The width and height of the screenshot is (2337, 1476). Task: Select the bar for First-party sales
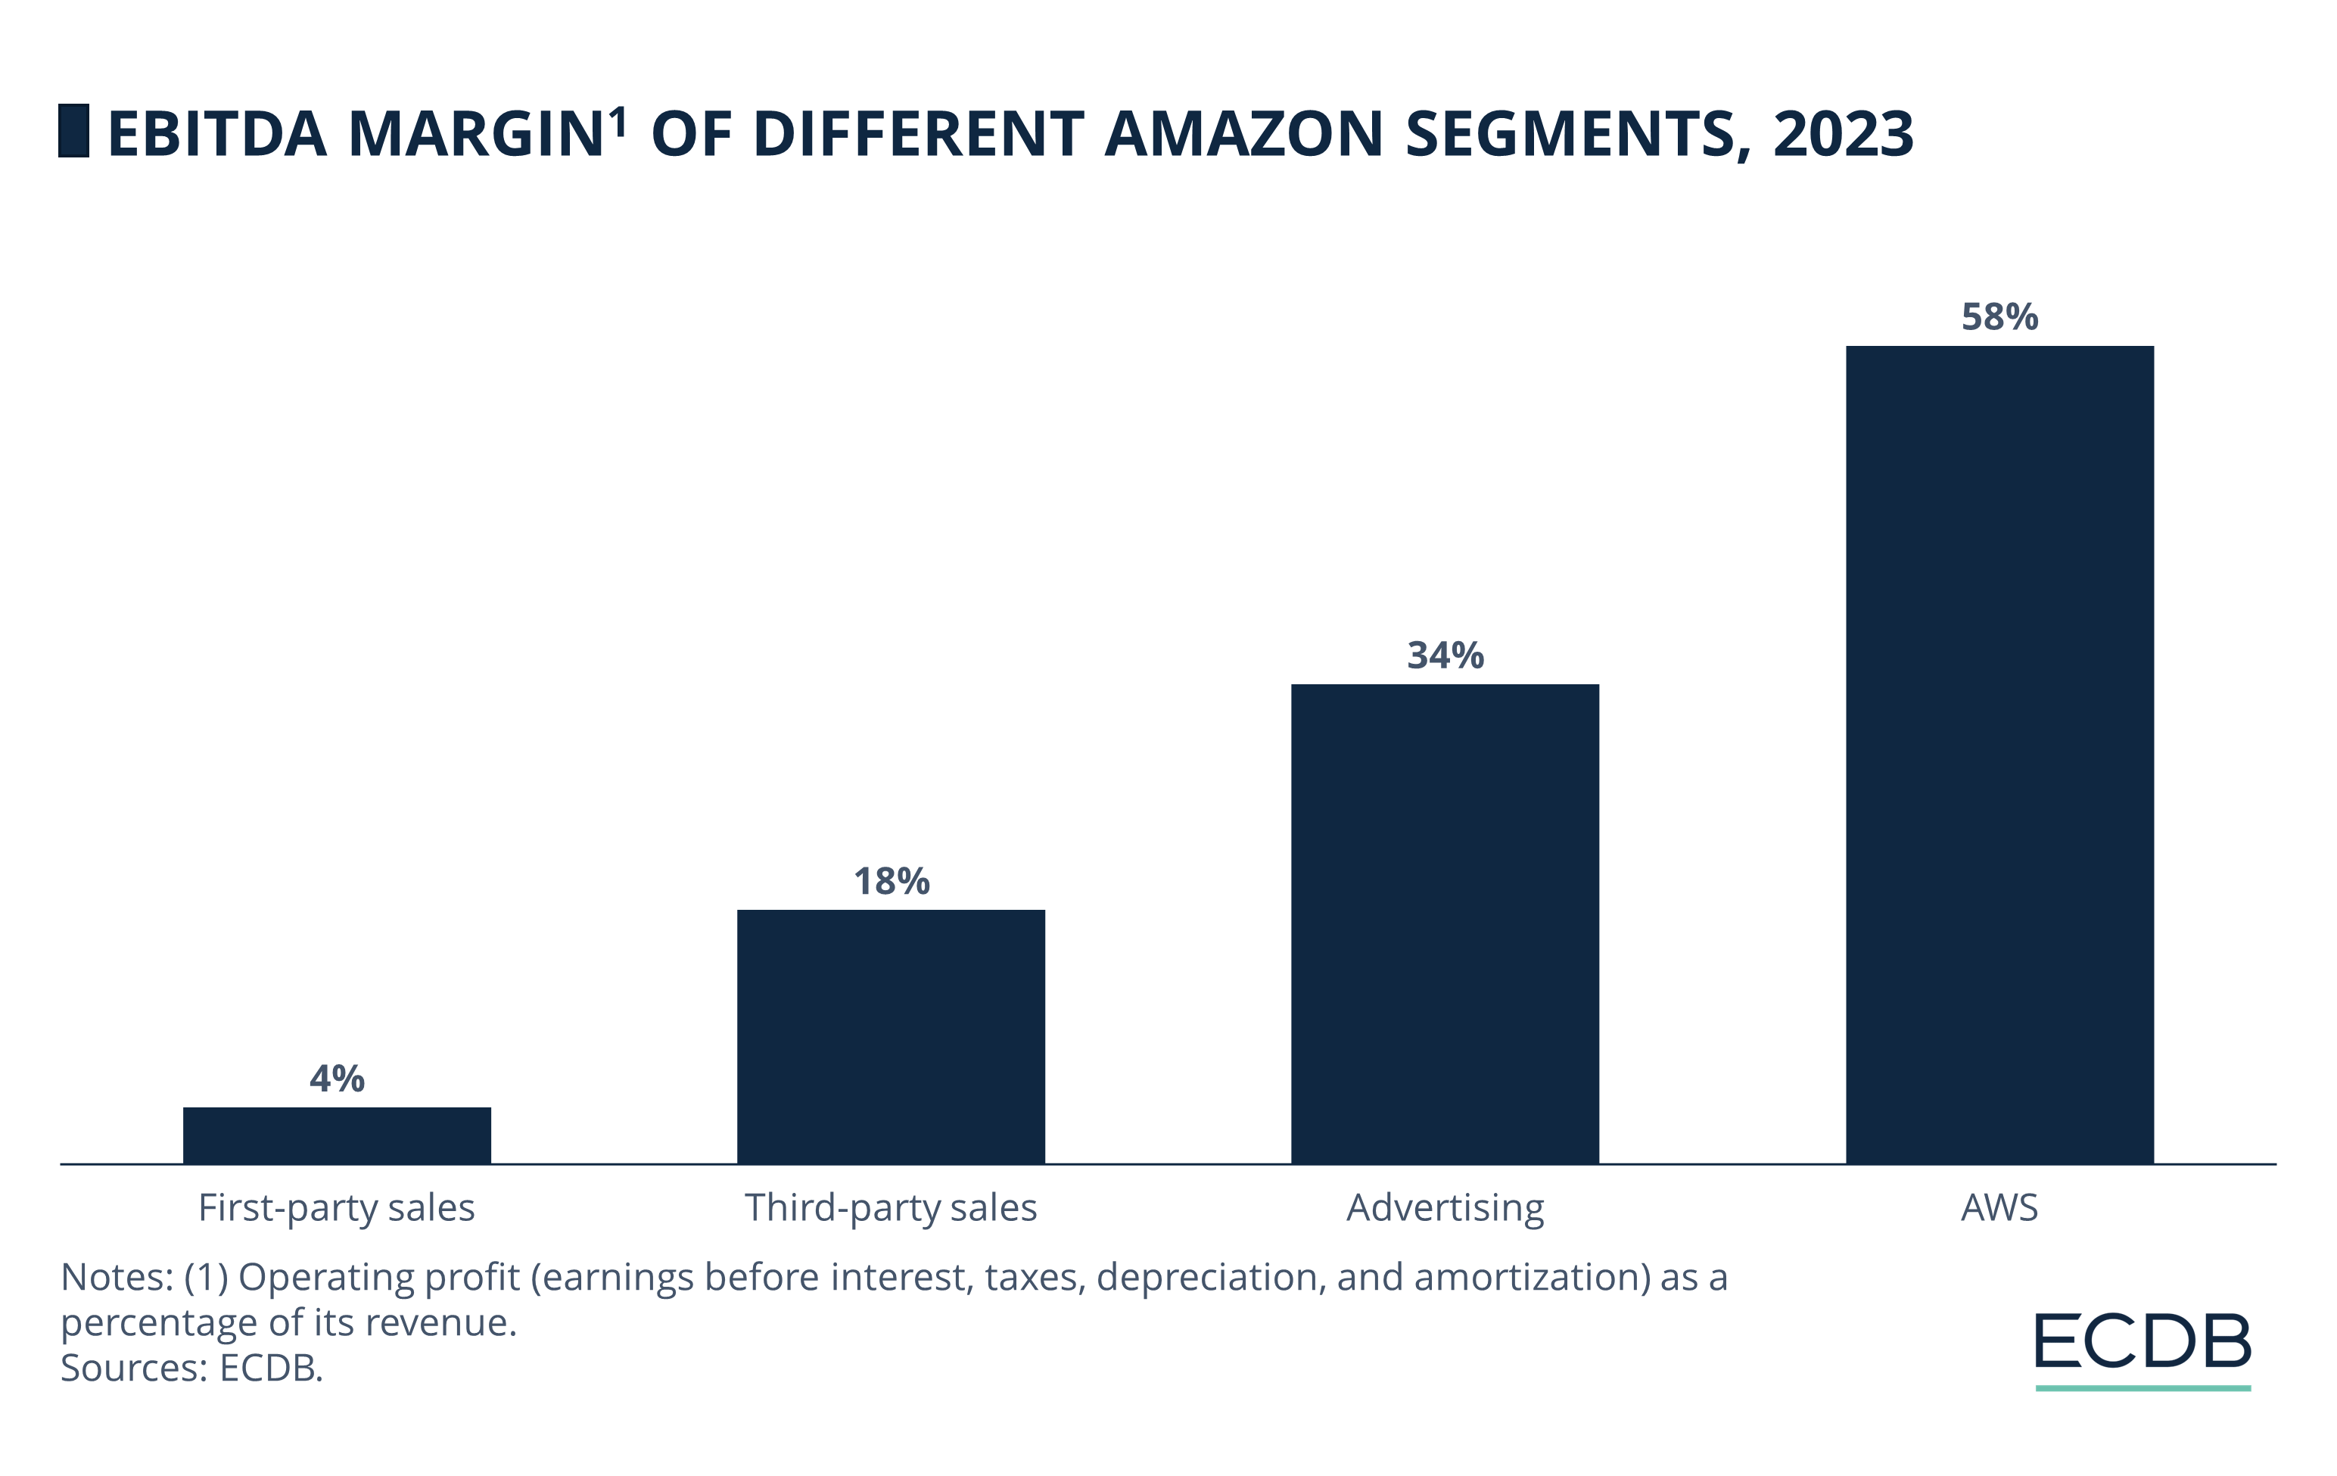pyautogui.click(x=337, y=1135)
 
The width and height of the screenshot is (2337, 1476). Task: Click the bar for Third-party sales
pyautogui.click(x=891, y=1035)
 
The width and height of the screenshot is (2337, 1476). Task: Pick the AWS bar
pyautogui.click(x=1999, y=754)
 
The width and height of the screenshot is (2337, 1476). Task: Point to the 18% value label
pyautogui.click(x=891, y=881)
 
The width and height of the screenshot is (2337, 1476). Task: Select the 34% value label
pyautogui.click(x=1445, y=656)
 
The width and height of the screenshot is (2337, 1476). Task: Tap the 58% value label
pyautogui.click(x=1999, y=317)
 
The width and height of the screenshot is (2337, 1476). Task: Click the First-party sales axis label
pyautogui.click(x=337, y=1208)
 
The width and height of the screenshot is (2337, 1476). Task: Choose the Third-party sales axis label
pyautogui.click(x=891, y=1208)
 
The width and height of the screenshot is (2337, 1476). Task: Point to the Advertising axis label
pyautogui.click(x=1445, y=1208)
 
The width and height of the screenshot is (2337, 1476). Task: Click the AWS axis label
pyautogui.click(x=1999, y=1208)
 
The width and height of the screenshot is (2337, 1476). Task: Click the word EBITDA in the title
pyautogui.click(x=217, y=134)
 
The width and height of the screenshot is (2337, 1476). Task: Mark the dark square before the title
pyautogui.click(x=73, y=131)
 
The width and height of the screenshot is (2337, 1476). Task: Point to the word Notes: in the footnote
pyautogui.click(x=117, y=1278)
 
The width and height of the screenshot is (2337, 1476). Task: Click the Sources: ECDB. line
pyautogui.click(x=191, y=1369)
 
